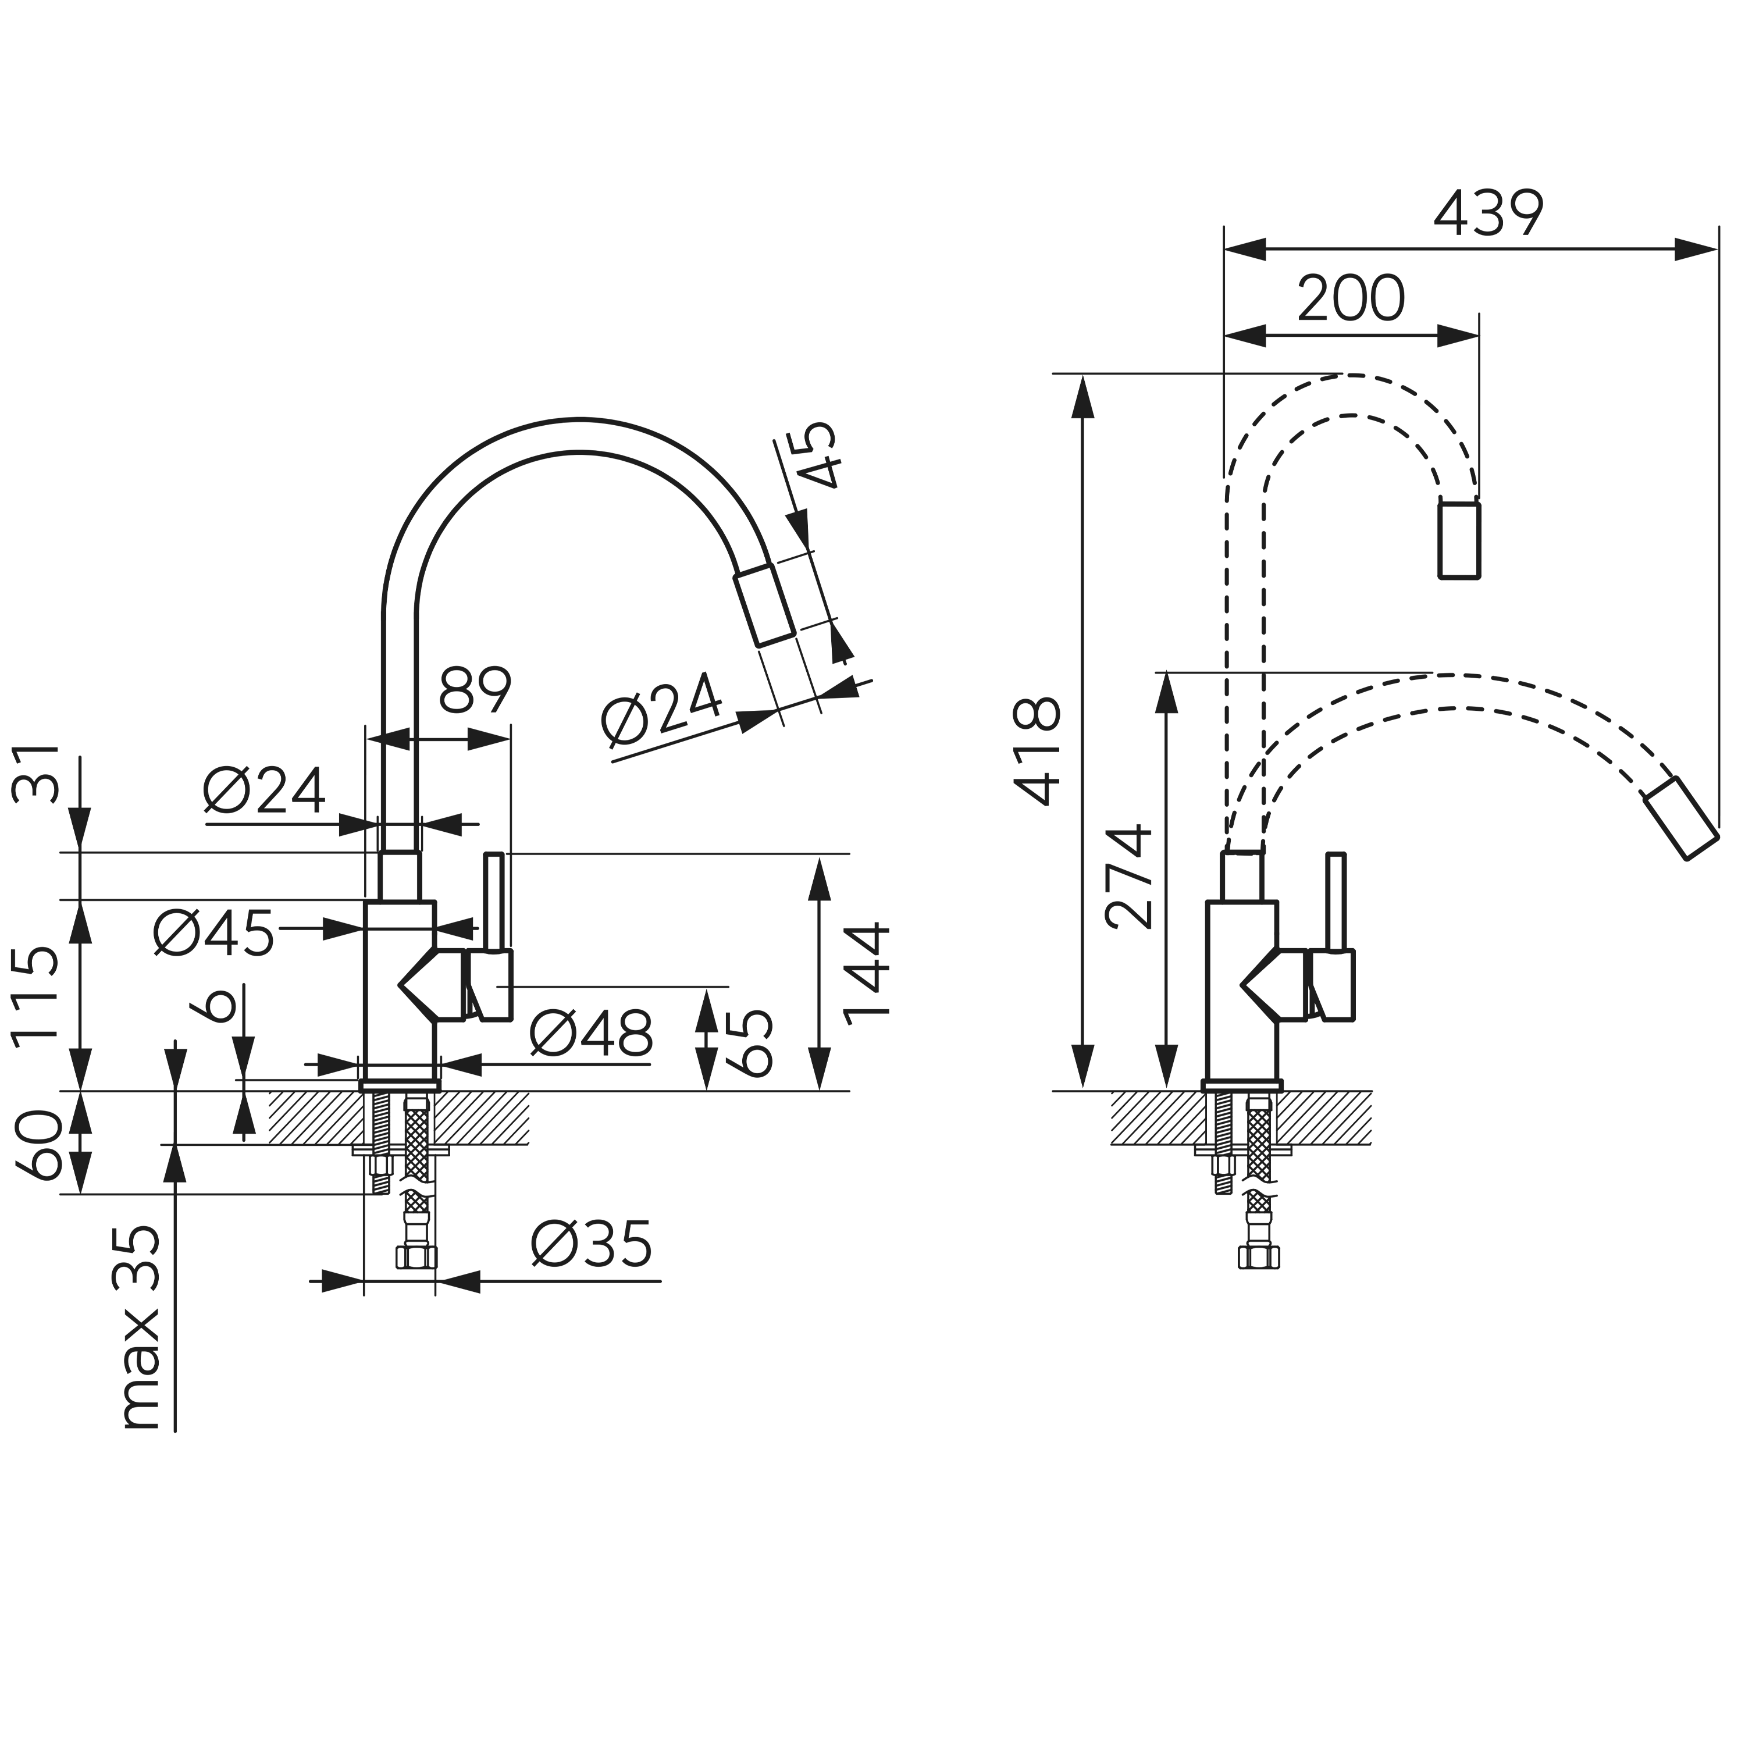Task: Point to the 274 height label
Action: click(x=1129, y=876)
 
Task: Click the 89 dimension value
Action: click(x=475, y=691)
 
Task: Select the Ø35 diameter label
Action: click(x=591, y=1245)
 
